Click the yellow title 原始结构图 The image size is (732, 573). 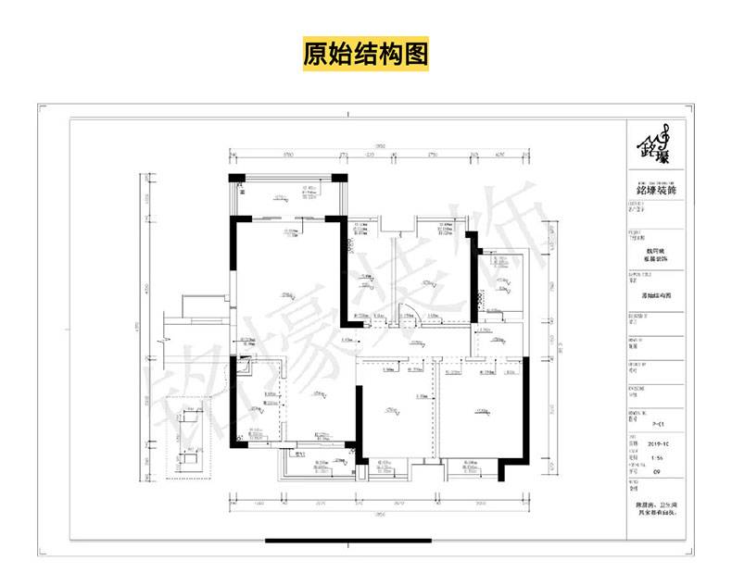(x=366, y=54)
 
